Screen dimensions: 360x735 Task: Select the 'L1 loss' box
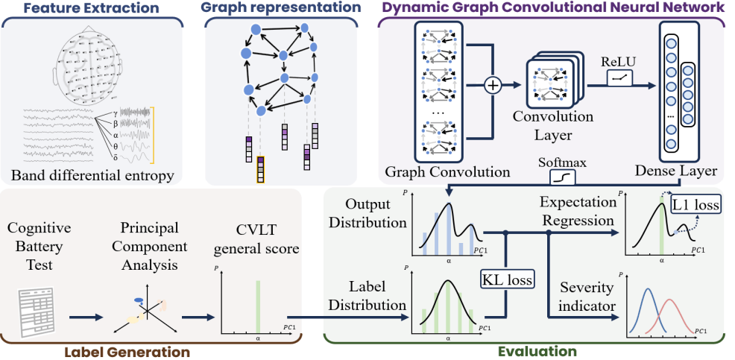696,204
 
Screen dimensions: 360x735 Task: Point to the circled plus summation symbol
492,86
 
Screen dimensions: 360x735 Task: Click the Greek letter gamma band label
116,108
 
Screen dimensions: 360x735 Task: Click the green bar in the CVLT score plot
258,305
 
